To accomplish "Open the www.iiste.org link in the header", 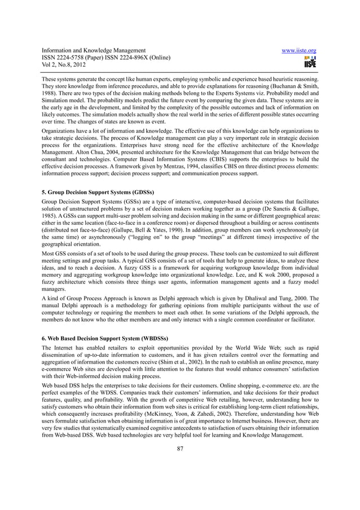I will (x=297, y=51).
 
